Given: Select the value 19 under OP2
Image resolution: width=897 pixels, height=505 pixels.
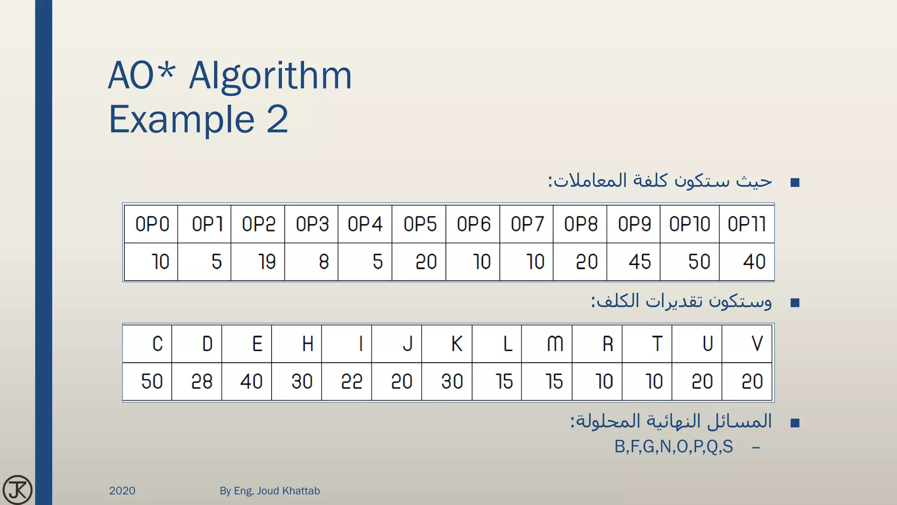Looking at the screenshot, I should click(x=266, y=262).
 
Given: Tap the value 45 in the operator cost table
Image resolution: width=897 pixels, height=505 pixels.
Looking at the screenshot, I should click(x=639, y=262).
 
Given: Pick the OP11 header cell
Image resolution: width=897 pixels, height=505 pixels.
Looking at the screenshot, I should click(x=747, y=224).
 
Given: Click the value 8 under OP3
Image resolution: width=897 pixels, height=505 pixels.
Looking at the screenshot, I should click(x=324, y=262).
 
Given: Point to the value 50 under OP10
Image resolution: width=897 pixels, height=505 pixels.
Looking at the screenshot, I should click(x=699, y=262).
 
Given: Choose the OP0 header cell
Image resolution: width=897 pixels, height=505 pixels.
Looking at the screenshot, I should click(x=152, y=224).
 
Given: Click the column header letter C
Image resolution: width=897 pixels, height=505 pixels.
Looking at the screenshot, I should click(x=157, y=344).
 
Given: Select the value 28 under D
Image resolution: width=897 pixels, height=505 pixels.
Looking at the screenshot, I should click(x=201, y=381).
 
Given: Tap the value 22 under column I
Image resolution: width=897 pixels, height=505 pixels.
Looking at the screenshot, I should click(x=352, y=381).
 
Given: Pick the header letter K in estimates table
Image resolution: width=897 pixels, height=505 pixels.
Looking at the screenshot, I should click(x=456, y=344).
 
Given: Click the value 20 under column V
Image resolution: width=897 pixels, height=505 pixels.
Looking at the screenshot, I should click(x=752, y=381).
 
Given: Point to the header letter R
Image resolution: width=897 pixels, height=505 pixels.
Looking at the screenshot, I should click(x=607, y=344).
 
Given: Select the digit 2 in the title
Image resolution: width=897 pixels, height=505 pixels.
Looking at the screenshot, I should click(x=277, y=119).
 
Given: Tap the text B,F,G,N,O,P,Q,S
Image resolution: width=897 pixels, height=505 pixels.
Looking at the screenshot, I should click(x=673, y=447).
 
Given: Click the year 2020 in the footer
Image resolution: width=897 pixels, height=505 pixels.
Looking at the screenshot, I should click(x=122, y=491).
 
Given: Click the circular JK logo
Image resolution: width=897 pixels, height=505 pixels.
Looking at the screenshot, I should click(x=18, y=490).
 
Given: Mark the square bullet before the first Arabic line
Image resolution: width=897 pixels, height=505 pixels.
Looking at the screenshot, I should click(x=795, y=182).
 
